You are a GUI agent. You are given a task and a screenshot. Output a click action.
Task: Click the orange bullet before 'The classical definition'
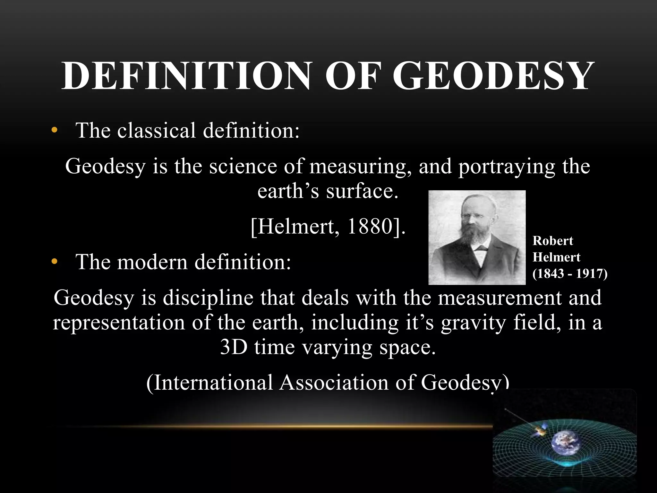click(55, 130)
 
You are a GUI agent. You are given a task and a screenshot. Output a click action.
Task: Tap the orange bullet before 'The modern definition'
click(55, 262)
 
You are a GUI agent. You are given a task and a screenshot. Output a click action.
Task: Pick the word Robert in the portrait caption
click(552, 241)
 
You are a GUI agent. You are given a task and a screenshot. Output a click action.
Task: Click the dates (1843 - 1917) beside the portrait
click(570, 273)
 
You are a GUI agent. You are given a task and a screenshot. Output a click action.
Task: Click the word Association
click(334, 383)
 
